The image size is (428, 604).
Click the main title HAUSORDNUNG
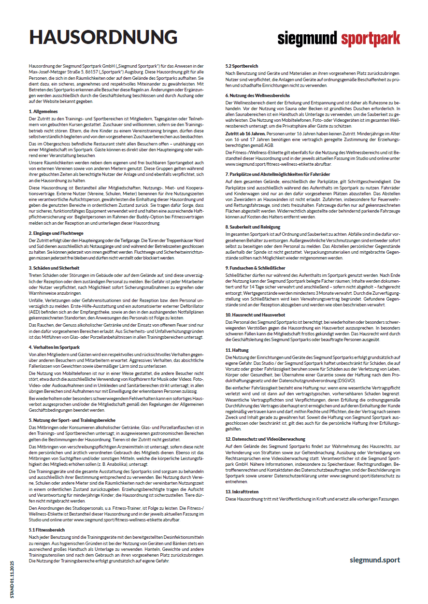click(103, 38)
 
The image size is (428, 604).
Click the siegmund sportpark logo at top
click(339, 38)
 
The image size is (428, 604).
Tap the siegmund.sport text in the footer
click(375, 560)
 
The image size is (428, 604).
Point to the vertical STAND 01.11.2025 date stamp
click(13, 579)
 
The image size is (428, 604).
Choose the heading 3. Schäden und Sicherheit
click(55, 267)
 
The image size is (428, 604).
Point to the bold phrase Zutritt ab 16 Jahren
click(245, 132)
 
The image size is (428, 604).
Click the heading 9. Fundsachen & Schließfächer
click(256, 267)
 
